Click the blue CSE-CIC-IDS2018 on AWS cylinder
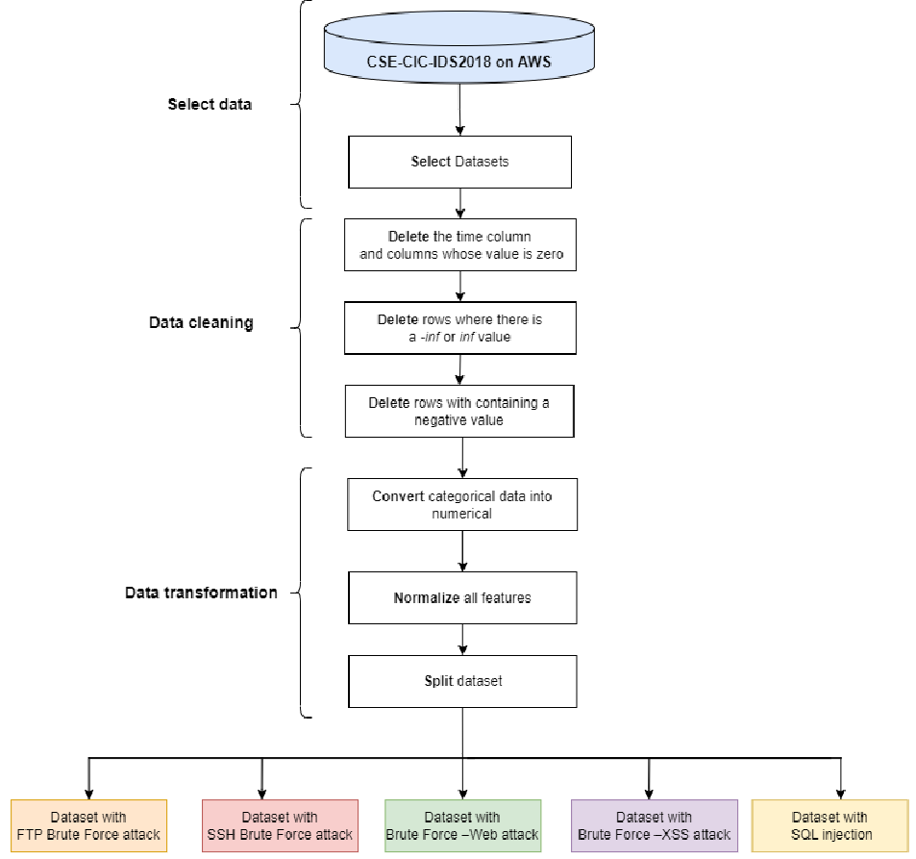pyautogui.click(x=459, y=47)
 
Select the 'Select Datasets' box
pyautogui.click(x=459, y=162)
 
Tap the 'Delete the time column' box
pyautogui.click(x=460, y=245)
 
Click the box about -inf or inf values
pyautogui.click(x=460, y=328)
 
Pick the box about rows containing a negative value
pyautogui.click(x=459, y=411)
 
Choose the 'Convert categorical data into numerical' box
pyautogui.click(x=462, y=505)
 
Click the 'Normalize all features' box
pyautogui.click(x=462, y=597)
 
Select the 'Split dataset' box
pyautogui.click(x=462, y=681)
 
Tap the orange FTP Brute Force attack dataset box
pyautogui.click(x=88, y=825)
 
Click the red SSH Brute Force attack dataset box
pyautogui.click(x=280, y=825)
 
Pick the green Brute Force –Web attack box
pyautogui.click(x=462, y=825)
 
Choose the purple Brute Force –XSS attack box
pyautogui.click(x=655, y=825)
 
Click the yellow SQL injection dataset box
pyautogui.click(x=830, y=825)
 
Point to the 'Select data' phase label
pyautogui.click(x=210, y=104)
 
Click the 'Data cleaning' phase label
pyautogui.click(x=201, y=322)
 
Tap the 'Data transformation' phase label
pyautogui.click(x=201, y=593)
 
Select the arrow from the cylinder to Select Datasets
pyautogui.click(x=459, y=110)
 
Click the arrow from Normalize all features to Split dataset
pyautogui.click(x=462, y=639)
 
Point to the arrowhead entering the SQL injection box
pyautogui.click(x=841, y=795)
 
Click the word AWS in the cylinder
pyautogui.click(x=534, y=62)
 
